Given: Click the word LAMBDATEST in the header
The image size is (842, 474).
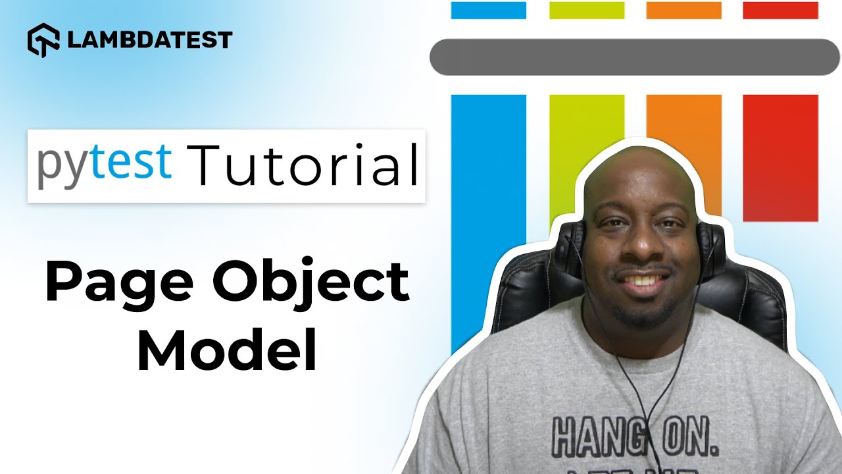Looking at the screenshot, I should tap(150, 40).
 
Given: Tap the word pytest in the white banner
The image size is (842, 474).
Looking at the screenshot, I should tap(105, 164).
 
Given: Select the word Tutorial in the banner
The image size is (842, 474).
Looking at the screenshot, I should tap(303, 164).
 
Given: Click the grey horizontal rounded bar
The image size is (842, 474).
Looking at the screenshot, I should tap(629, 57).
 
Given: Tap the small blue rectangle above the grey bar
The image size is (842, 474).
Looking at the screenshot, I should tap(489, 10).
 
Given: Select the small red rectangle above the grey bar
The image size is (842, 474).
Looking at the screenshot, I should tap(780, 10).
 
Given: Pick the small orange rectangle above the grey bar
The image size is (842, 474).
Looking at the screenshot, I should tap(684, 10).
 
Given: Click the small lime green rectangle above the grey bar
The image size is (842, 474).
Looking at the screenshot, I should tap(587, 10).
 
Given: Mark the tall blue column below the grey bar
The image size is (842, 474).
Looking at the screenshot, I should tap(489, 217).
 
